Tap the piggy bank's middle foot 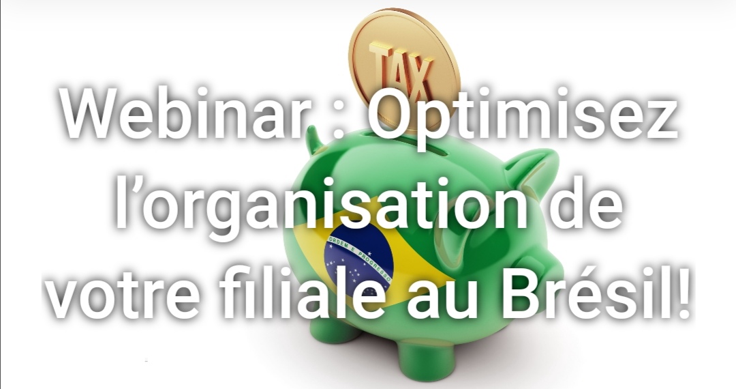[420, 353]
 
